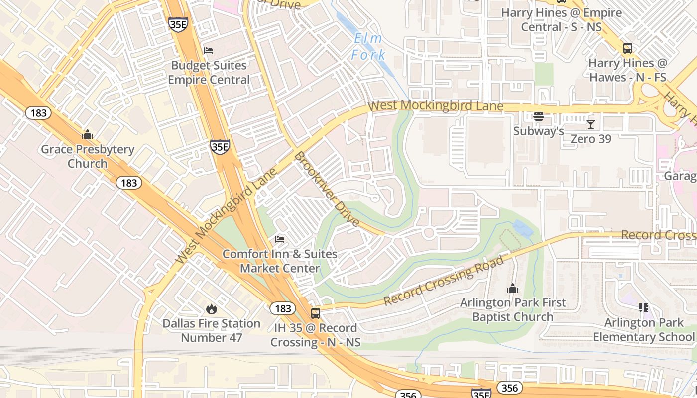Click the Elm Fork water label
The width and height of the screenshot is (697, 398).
click(x=368, y=46)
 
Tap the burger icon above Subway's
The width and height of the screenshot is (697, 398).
click(x=538, y=117)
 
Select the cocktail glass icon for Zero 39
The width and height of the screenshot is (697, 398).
click(x=591, y=124)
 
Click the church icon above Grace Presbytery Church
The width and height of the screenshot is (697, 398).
click(x=88, y=134)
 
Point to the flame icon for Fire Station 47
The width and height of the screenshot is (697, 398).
click(x=212, y=309)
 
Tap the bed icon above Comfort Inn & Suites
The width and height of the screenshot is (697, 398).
click(x=280, y=239)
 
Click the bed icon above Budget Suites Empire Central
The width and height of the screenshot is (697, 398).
click(x=209, y=51)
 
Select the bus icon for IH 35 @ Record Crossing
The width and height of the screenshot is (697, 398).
click(x=316, y=313)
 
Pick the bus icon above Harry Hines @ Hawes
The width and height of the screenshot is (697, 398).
click(x=628, y=48)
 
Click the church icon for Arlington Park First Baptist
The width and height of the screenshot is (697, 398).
click(x=513, y=288)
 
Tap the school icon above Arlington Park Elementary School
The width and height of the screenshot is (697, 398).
click(x=643, y=308)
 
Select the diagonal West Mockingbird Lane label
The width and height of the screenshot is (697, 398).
click(x=227, y=216)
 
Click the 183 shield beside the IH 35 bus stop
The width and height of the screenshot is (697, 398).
click(x=283, y=309)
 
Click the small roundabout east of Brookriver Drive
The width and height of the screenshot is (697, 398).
click(x=428, y=232)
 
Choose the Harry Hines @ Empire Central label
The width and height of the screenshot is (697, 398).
click(x=561, y=19)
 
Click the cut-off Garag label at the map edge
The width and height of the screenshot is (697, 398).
click(x=680, y=176)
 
